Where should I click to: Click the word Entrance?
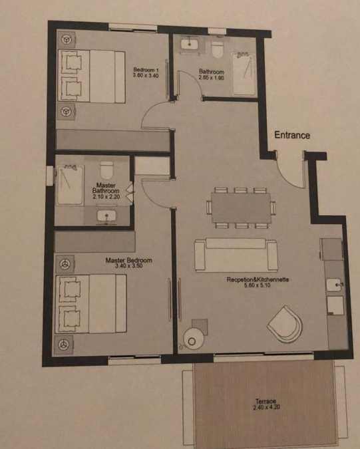(292, 135)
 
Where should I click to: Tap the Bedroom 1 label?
(146, 70)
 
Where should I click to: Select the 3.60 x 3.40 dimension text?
(146, 76)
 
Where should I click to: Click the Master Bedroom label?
(128, 260)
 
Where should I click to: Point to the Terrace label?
(266, 401)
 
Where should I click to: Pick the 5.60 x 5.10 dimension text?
(258, 285)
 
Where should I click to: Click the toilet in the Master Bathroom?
(107, 170)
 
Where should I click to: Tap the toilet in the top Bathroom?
(218, 49)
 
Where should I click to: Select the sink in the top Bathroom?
(189, 44)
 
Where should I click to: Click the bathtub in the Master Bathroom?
(71, 185)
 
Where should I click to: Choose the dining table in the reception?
(241, 208)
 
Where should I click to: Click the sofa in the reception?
(236, 255)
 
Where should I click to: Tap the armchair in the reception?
(285, 324)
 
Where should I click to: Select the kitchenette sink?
(334, 285)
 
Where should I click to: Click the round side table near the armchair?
(194, 339)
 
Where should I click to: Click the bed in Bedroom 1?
(92, 76)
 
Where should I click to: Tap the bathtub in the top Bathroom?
(244, 74)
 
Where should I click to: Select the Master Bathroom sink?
(106, 216)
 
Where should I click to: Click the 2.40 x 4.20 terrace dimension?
(267, 407)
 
